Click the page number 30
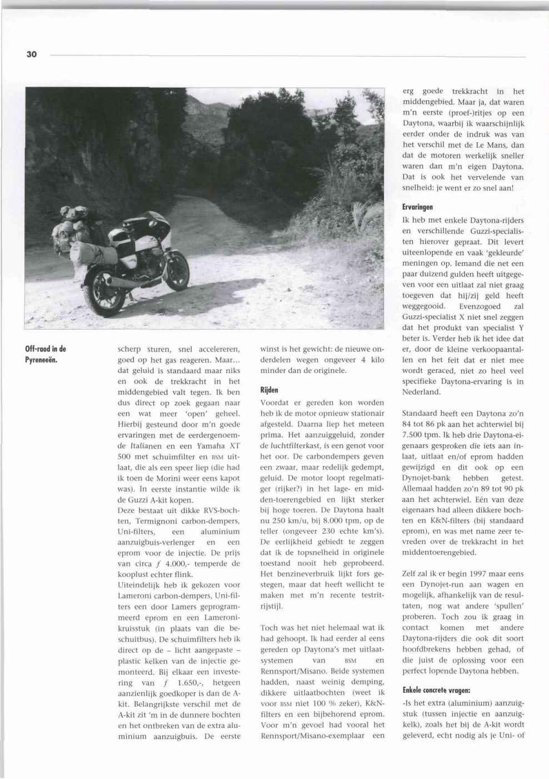click(31, 54)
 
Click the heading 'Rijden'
click(269, 390)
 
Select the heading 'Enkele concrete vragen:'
click(436, 690)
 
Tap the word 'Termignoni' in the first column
click(141, 521)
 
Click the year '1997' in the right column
click(468, 574)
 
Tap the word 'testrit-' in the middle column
click(367, 595)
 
